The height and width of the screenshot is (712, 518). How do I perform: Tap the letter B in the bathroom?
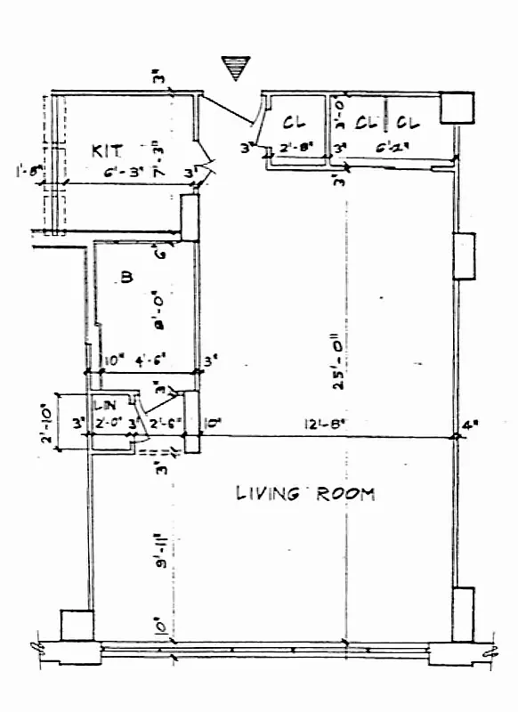[126, 279]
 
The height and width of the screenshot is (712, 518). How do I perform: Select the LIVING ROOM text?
[305, 493]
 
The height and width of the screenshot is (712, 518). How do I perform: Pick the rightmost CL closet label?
[409, 122]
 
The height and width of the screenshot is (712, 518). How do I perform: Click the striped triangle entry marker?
[236, 68]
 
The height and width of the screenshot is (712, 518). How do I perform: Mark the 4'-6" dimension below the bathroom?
[146, 361]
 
